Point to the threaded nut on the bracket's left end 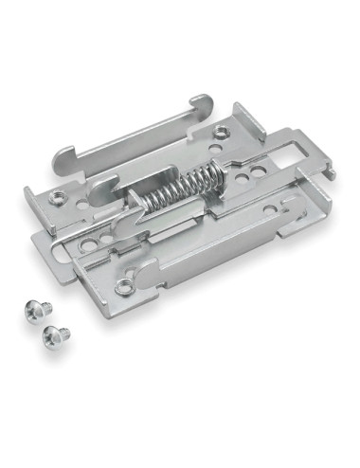(59, 198)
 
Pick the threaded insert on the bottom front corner (122, 284)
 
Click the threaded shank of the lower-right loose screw (57, 340)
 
